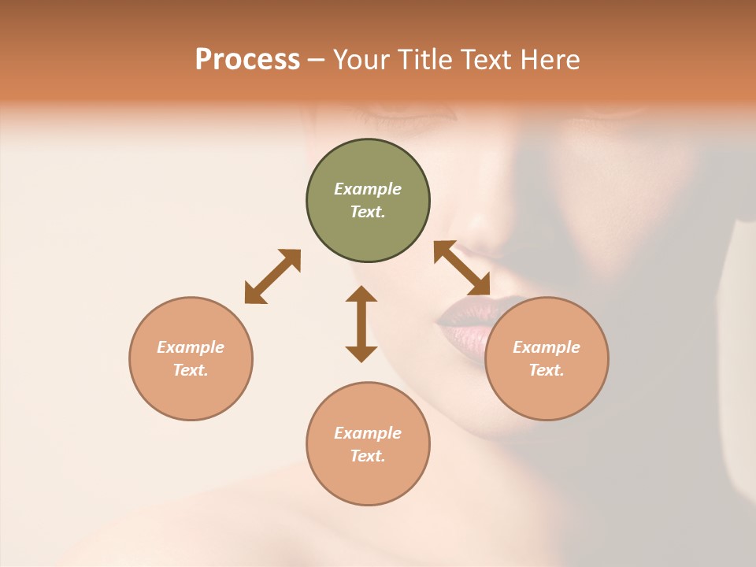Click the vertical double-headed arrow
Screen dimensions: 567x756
pos(361,324)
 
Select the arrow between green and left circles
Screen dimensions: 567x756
pos(272,276)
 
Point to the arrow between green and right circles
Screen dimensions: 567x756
pos(462,268)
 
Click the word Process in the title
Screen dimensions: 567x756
pos(247,59)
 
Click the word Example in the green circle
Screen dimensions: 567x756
pos(368,189)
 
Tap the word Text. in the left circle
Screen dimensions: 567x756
pos(191,370)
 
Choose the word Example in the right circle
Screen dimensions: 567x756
pos(547,347)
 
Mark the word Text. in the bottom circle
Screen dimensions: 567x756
pos(368,456)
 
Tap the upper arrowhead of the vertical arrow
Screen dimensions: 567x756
pos(361,295)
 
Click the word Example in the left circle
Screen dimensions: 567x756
pos(191,347)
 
